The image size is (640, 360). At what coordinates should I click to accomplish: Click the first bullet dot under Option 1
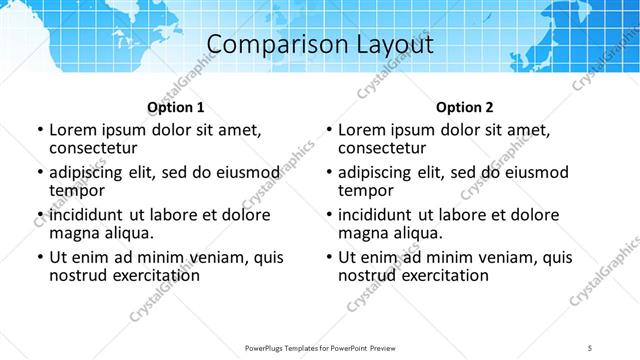coord(39,130)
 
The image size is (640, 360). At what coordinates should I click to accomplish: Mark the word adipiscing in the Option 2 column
coord(378,172)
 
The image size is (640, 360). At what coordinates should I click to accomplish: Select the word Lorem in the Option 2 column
coord(362,130)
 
